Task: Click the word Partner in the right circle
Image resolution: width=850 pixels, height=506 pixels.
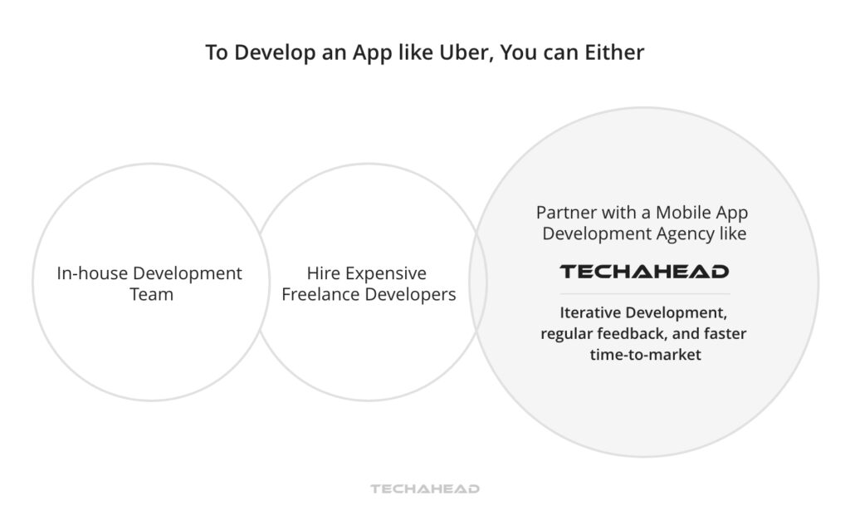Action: click(565, 212)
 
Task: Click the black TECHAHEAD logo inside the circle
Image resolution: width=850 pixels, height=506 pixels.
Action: click(644, 272)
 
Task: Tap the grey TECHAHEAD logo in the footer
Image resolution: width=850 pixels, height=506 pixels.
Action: click(425, 489)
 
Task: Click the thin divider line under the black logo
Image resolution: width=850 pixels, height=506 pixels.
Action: click(644, 293)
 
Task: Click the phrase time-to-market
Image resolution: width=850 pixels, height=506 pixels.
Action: click(644, 355)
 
